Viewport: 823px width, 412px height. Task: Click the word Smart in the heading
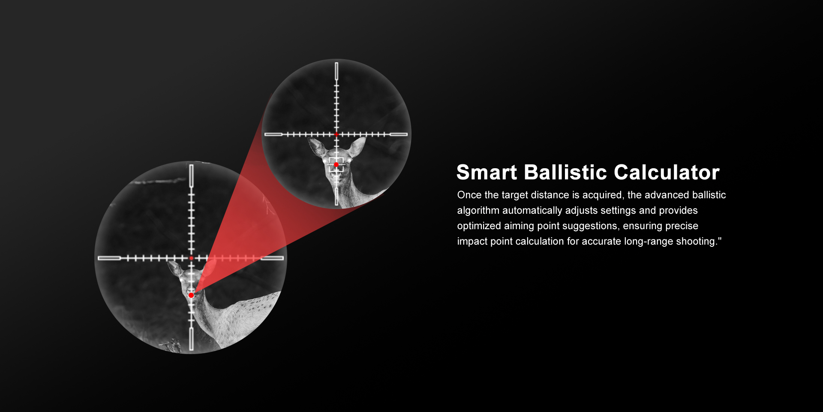click(487, 173)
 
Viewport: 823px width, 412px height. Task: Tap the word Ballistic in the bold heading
click(565, 173)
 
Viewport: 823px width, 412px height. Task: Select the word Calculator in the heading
click(667, 173)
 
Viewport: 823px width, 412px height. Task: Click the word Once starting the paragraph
click(469, 195)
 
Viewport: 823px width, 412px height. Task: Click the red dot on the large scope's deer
click(191, 295)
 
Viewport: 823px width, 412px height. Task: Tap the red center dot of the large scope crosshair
click(191, 258)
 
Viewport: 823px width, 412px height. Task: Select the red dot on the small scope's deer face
click(336, 165)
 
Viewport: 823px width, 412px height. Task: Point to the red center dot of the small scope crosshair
click(336, 134)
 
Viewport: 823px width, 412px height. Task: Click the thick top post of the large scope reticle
click(191, 176)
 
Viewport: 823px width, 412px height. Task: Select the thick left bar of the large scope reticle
click(109, 258)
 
